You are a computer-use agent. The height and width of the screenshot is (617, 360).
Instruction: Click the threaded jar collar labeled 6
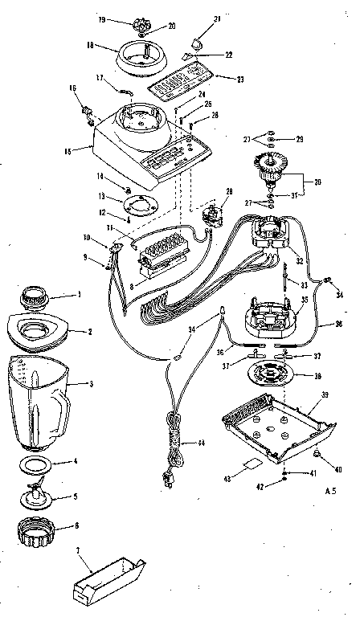pos(39,531)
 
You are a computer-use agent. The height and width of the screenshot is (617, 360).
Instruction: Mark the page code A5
pos(331,489)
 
